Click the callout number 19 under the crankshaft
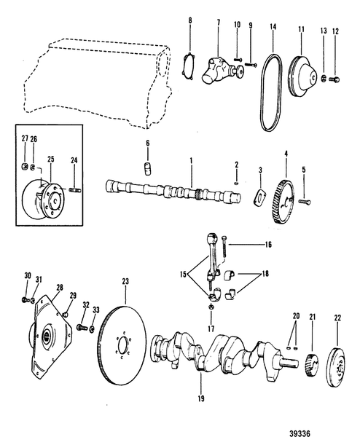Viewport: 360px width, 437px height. pos(200,398)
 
